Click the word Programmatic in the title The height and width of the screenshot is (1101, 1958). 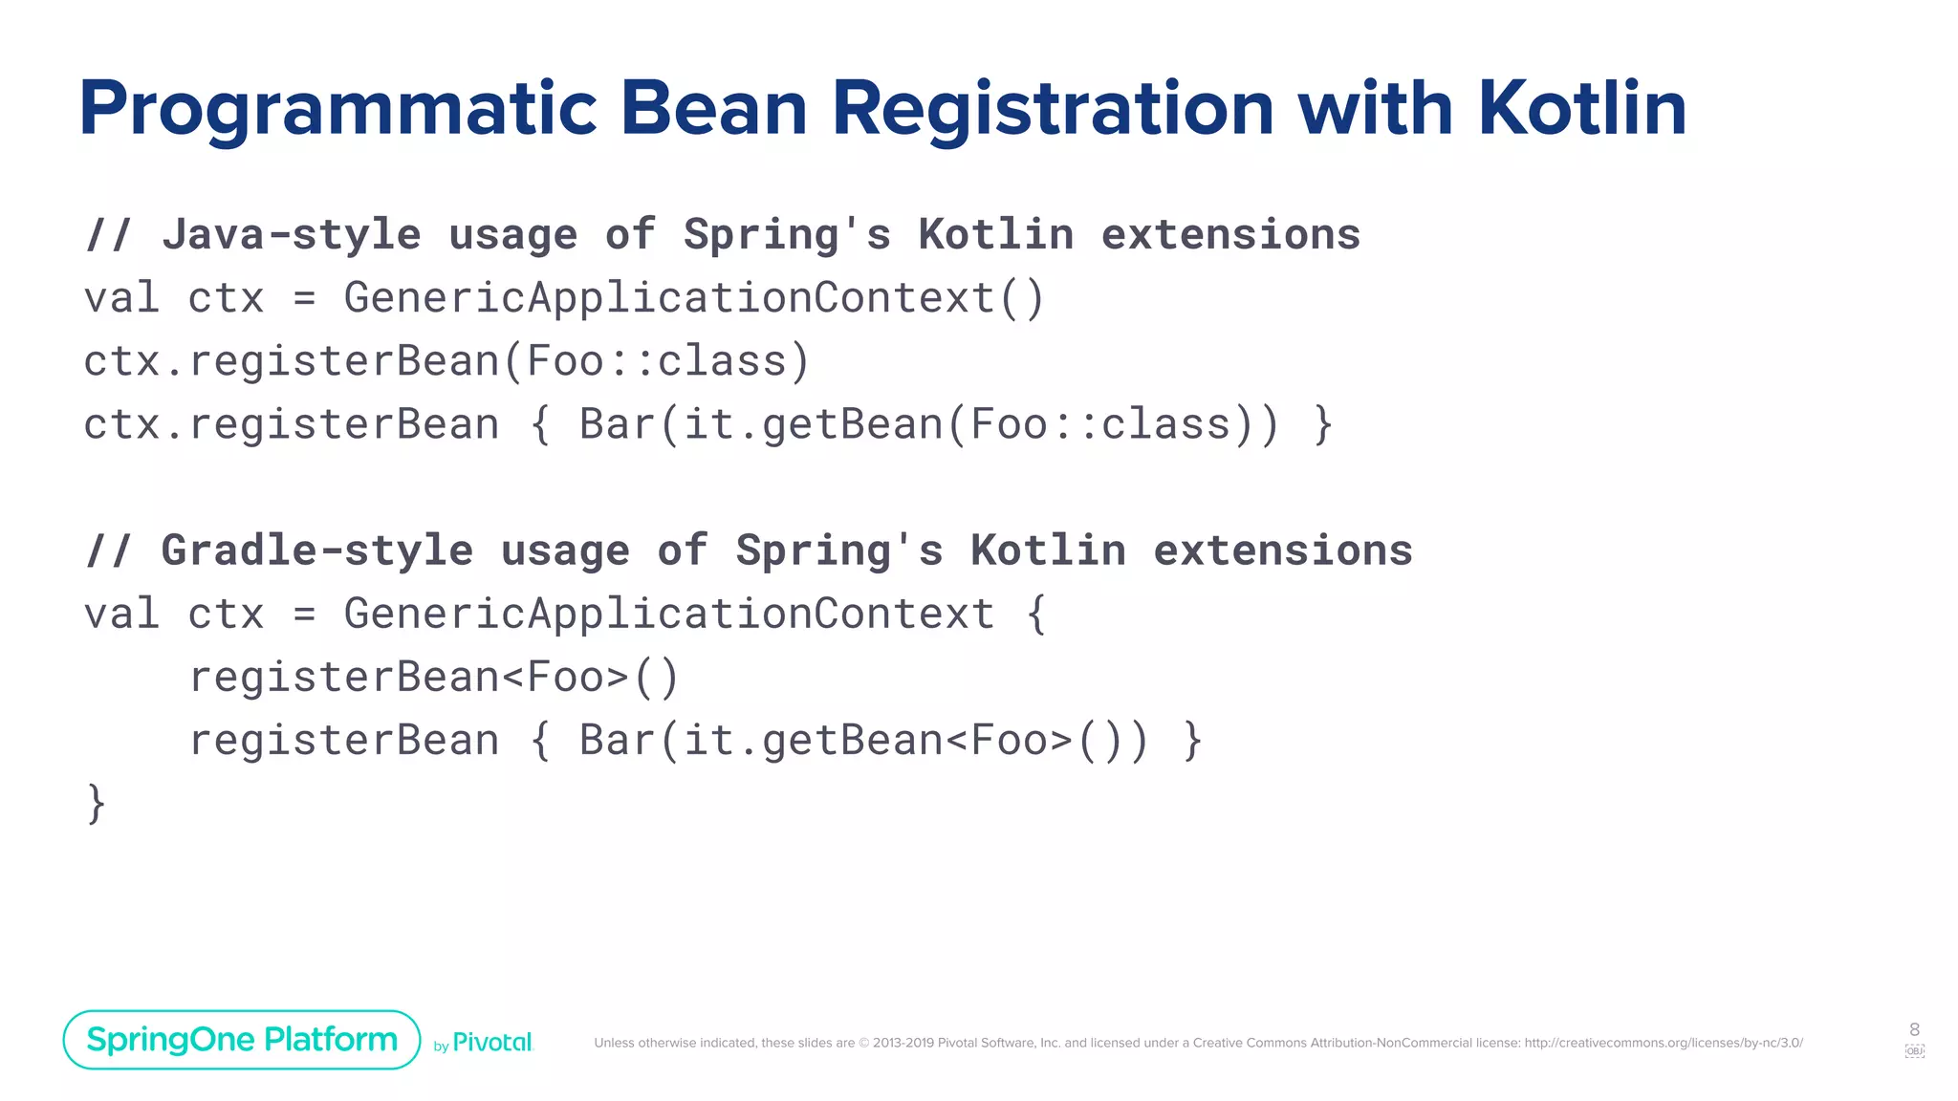tap(337, 109)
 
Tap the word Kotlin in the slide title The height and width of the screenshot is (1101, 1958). tap(1582, 107)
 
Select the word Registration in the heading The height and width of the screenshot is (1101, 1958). tap(1053, 109)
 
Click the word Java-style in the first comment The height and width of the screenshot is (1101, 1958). tap(292, 234)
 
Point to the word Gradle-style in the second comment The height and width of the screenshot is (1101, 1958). tap(316, 550)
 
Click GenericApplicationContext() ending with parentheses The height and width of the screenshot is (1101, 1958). tap(693, 298)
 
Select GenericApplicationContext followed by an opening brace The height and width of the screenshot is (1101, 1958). tap(669, 614)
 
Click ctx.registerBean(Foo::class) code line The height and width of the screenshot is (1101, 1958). tap(446, 361)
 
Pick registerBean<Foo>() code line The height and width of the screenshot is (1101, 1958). tap(433, 678)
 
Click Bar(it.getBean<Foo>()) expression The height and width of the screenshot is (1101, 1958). tap(862, 741)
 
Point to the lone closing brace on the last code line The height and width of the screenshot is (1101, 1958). tap(96, 803)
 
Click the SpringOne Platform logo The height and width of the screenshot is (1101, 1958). tap(242, 1039)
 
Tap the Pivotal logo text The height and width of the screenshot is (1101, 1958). tap(491, 1043)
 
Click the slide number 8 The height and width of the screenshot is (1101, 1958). tap(1914, 1029)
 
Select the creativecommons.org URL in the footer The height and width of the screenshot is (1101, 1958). tap(1663, 1043)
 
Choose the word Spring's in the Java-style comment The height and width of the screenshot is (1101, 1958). tap(787, 234)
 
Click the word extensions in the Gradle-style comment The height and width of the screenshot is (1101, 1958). tap(1282, 550)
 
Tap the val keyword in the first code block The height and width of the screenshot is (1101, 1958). tap(120, 298)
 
